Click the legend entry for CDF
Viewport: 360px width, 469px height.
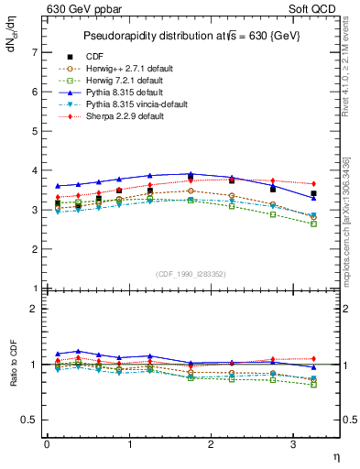pos(95,57)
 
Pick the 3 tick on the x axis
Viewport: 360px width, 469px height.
pos(293,444)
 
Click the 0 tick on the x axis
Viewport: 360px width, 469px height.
pos(47,444)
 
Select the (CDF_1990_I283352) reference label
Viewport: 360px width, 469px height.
pos(191,273)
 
